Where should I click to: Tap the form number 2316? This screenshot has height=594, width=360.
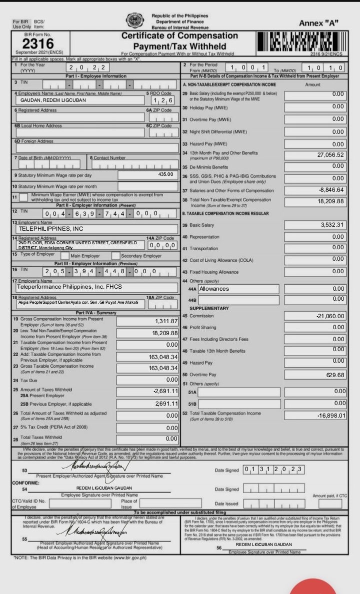34,43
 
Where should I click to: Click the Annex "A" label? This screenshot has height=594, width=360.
318,23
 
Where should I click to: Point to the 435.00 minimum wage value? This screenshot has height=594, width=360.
165,174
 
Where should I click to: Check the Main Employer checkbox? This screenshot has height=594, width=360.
65,256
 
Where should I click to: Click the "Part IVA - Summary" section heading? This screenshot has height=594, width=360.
95,312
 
